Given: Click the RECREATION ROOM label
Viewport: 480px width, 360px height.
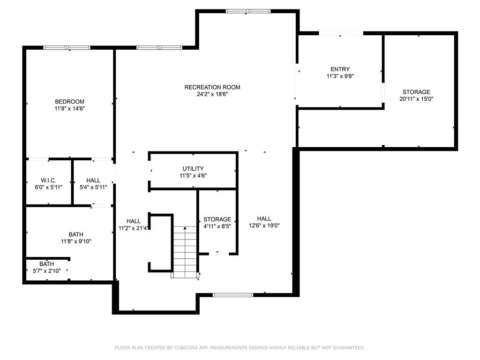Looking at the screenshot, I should (x=212, y=87).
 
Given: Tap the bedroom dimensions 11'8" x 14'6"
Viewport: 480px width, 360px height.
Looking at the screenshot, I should (x=69, y=108).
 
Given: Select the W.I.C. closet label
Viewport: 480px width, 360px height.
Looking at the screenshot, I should (x=49, y=180).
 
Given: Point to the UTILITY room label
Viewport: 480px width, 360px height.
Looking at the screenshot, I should (x=193, y=169).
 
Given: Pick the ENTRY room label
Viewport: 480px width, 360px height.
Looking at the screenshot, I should (x=340, y=69).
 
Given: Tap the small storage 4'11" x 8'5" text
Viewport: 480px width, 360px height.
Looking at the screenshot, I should (x=217, y=226).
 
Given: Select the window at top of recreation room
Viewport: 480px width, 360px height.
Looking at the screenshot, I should (x=248, y=11).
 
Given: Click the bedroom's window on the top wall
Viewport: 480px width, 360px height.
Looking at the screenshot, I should (x=67, y=47).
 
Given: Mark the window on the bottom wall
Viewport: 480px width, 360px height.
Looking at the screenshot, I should (x=233, y=295).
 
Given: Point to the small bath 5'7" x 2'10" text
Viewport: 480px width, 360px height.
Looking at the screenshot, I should (x=46, y=270).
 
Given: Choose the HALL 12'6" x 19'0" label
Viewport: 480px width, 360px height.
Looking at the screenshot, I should (x=264, y=219).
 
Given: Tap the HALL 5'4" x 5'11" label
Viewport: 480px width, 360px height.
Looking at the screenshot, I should (x=93, y=180).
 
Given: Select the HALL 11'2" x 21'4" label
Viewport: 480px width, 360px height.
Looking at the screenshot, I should (x=134, y=221).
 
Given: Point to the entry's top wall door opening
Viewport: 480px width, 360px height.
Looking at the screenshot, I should (x=341, y=33).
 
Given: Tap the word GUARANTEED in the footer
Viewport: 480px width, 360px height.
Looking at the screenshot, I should (x=347, y=348).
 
